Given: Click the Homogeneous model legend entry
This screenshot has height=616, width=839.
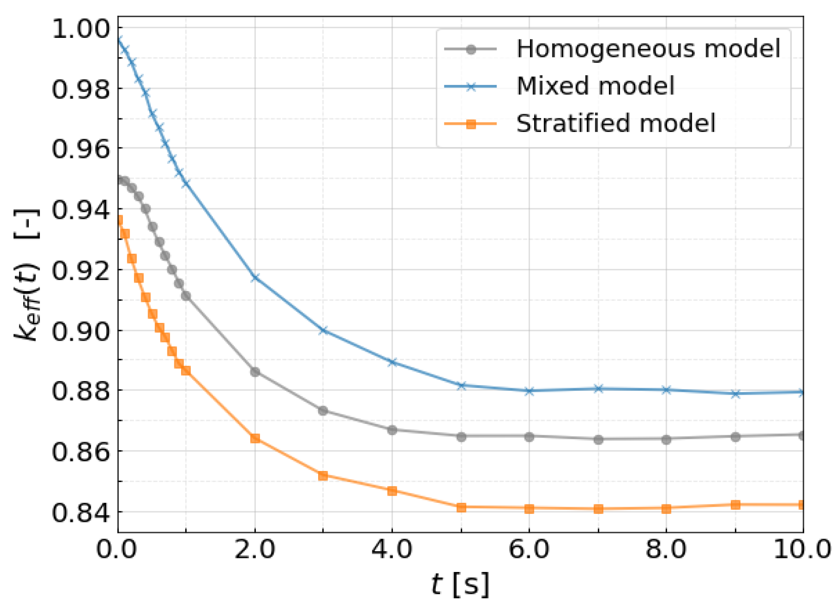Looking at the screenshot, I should tap(648, 49).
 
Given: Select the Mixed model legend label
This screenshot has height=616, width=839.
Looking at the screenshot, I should tap(595, 86).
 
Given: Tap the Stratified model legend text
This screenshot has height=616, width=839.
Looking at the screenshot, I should tap(615, 123).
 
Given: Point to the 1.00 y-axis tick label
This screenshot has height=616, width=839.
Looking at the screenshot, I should tap(81, 28).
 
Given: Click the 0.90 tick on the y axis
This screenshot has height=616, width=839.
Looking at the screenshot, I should tap(81, 331).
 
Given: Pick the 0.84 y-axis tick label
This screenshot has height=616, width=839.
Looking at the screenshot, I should tap(81, 512).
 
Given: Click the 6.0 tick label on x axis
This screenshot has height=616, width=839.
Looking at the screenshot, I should tap(529, 549).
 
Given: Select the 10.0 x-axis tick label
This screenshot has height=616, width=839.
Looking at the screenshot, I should tap(802, 549).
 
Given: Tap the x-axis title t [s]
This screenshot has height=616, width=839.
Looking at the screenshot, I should tap(460, 584).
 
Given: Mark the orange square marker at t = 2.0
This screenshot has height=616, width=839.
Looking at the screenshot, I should tap(255, 438).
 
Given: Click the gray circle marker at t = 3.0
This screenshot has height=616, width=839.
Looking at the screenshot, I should tap(323, 411).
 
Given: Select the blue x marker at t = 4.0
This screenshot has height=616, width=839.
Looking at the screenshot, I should tap(392, 362).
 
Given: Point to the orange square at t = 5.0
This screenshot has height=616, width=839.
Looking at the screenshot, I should tap(461, 507).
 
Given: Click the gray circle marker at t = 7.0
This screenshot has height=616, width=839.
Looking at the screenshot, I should tap(598, 440).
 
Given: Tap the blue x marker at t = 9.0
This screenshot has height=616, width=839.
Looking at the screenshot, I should tap(735, 394).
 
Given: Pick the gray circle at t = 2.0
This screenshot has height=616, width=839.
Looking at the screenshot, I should tap(255, 372).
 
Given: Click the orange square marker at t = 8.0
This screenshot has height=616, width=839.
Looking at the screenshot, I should tap(667, 508).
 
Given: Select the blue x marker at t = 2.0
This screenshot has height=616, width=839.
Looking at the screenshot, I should tap(255, 277).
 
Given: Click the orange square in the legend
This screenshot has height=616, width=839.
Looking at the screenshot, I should tap(471, 124).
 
